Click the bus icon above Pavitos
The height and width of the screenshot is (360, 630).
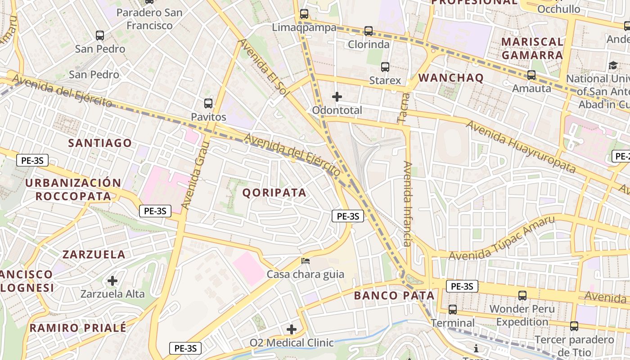tap(208, 103)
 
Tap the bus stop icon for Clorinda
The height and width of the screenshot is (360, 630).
tap(369, 31)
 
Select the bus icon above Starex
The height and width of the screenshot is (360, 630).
tap(385, 67)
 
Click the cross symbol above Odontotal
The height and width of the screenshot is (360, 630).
tap(337, 97)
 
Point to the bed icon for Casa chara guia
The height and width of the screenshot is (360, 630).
tap(306, 261)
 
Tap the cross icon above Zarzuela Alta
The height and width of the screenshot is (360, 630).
tap(112, 281)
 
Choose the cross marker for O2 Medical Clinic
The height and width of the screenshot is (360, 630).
tap(292, 329)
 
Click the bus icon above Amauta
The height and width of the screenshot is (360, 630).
tap(531, 75)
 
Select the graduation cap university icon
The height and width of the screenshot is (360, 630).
tap(613, 66)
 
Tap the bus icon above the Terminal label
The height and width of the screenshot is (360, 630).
tap(453, 310)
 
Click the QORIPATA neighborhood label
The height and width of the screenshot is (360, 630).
tap(274, 193)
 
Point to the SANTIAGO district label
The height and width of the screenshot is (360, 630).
tap(100, 143)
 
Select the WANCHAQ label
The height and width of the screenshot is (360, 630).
tap(451, 78)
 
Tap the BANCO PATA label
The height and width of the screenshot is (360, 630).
tap(394, 296)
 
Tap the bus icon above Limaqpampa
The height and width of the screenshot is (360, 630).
tap(304, 14)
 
